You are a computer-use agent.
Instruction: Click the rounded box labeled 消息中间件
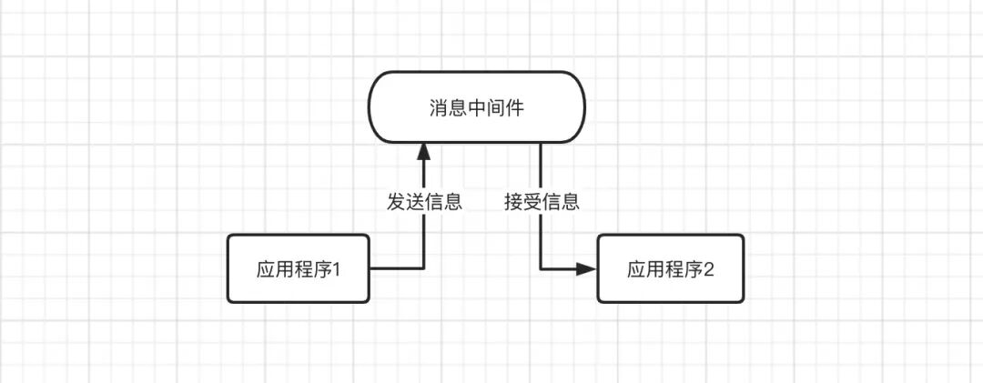click(476, 108)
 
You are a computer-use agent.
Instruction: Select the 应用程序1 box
click(299, 268)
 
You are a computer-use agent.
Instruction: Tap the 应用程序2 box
click(670, 268)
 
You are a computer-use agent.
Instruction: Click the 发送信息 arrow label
click(424, 202)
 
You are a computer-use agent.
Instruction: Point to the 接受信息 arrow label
click(542, 202)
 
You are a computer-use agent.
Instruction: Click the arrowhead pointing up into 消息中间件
click(424, 153)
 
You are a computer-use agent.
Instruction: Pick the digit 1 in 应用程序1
click(335, 269)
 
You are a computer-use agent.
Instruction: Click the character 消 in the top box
click(439, 108)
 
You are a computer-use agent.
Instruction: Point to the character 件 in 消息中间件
click(515, 108)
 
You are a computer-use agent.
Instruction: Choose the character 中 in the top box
click(477, 108)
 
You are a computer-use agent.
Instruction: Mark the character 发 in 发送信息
click(396, 202)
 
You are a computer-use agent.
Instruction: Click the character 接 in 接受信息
click(513, 202)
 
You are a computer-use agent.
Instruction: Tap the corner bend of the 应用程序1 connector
click(424, 268)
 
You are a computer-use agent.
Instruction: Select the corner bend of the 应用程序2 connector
click(542, 268)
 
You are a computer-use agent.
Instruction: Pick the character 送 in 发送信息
click(415, 202)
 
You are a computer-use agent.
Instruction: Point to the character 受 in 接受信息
click(532, 202)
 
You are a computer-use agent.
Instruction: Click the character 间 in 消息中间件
click(496, 108)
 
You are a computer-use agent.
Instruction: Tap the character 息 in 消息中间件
click(458, 108)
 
